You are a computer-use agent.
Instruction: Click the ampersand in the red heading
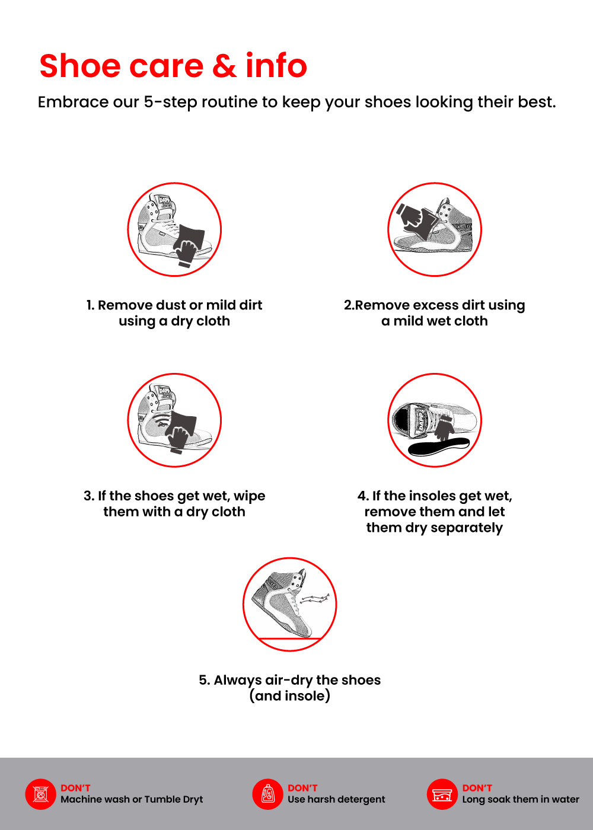tap(225, 66)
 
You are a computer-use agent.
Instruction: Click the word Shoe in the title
tap(80, 66)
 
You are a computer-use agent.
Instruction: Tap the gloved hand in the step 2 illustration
tap(412, 214)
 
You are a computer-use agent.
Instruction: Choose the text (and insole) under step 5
tap(290, 696)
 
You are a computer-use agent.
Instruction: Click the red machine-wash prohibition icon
tap(41, 794)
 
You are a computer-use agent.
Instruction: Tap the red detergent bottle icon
tap(267, 794)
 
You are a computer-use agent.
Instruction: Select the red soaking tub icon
tap(442, 794)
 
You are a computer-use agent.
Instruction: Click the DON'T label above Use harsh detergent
tap(302, 788)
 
